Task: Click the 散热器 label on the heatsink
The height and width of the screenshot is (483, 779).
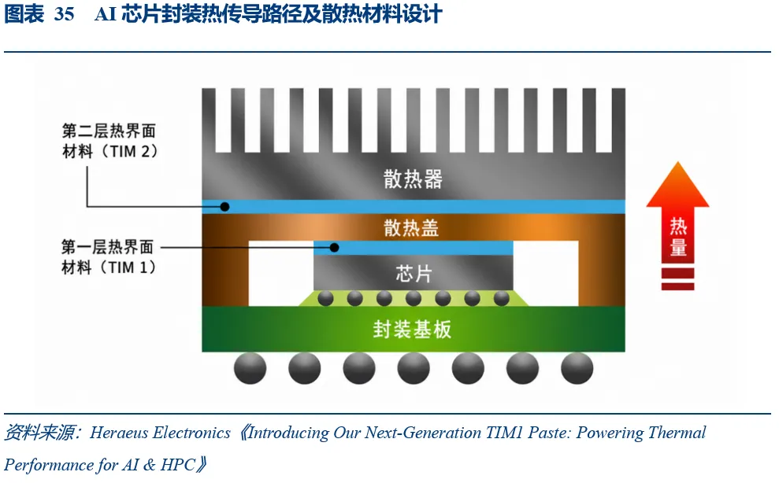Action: click(413, 179)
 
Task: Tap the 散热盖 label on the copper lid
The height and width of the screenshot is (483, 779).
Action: click(411, 228)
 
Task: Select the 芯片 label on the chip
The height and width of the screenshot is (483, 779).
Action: click(414, 274)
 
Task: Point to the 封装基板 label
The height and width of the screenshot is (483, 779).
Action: click(413, 329)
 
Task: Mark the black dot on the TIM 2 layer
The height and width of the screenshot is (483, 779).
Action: click(224, 207)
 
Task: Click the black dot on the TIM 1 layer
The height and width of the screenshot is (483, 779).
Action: click(334, 247)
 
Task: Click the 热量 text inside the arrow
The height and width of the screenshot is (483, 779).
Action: click(677, 237)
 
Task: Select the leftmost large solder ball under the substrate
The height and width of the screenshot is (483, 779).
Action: click(250, 368)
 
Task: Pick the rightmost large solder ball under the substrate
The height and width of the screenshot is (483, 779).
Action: click(577, 368)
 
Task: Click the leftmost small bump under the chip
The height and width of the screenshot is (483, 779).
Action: click(325, 298)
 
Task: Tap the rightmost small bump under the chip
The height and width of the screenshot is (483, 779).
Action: click(501, 298)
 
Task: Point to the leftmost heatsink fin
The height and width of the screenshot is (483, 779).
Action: click(209, 120)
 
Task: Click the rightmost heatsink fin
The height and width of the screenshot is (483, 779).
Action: click(618, 120)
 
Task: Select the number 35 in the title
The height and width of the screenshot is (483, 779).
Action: click(64, 14)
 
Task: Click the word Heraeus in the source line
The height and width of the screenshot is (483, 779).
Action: click(119, 433)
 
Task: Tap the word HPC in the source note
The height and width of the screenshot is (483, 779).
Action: click(177, 465)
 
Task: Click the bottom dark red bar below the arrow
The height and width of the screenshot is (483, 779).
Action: click(677, 286)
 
